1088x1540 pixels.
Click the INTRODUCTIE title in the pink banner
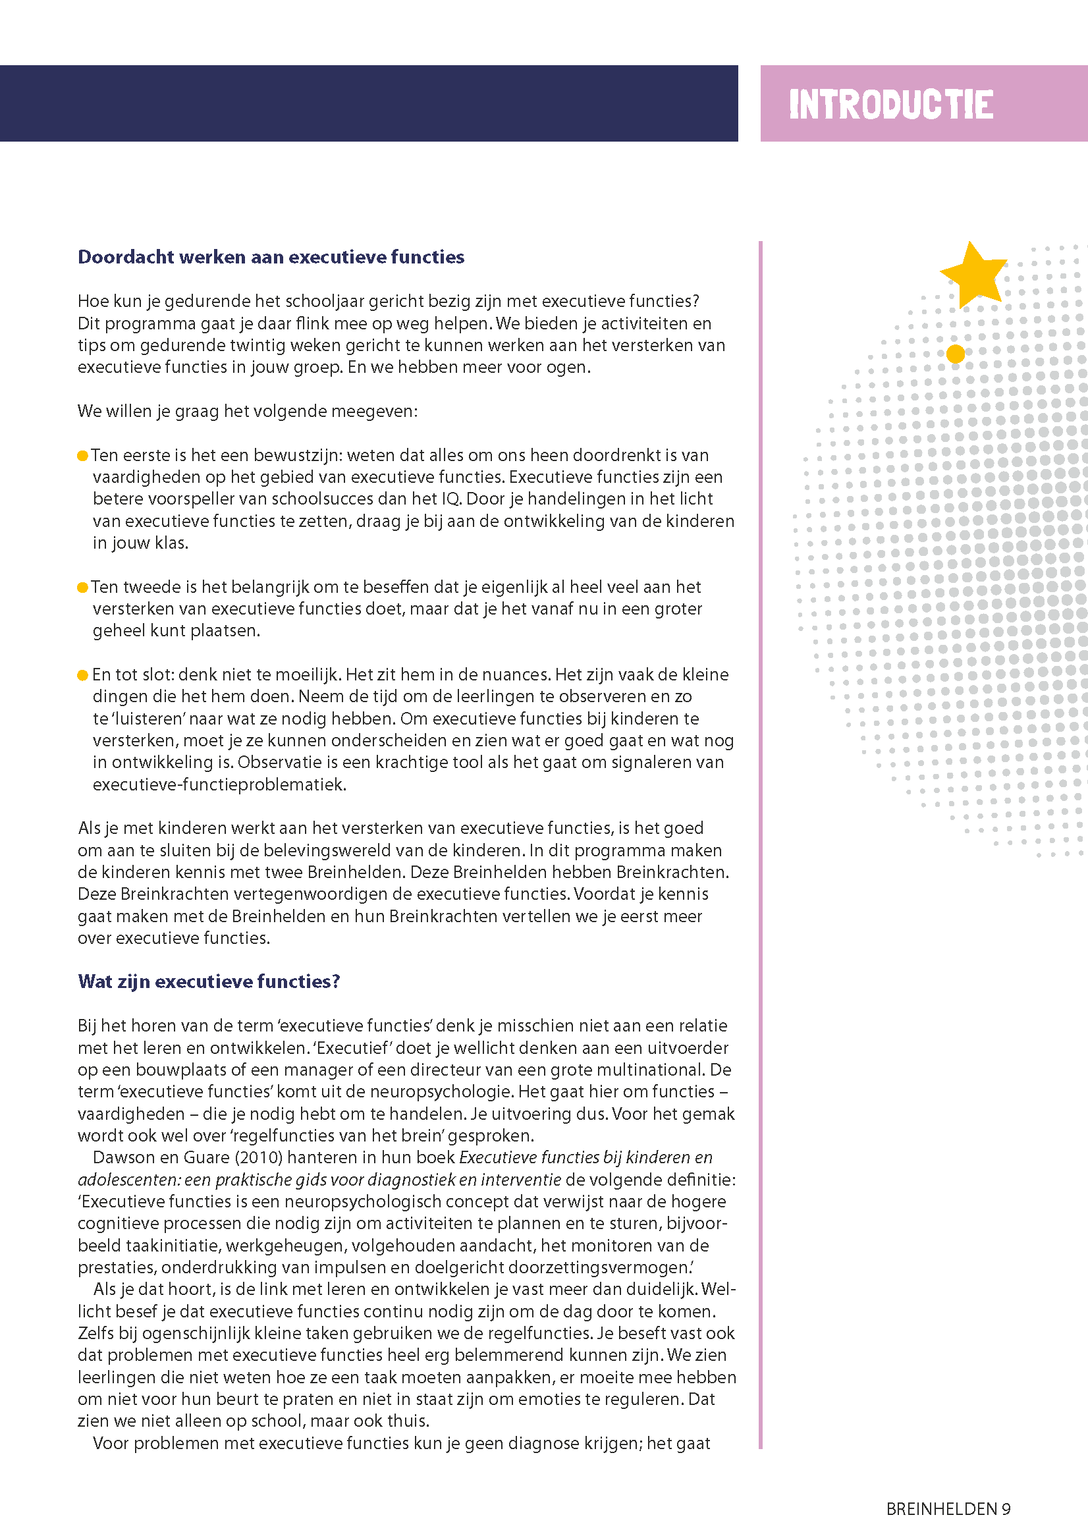click(x=890, y=105)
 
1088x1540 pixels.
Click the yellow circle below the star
click(x=955, y=354)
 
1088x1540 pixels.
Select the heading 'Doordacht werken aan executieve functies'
click(x=271, y=257)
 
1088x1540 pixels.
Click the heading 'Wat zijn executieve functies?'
click(x=209, y=981)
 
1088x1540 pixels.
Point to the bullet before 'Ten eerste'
click(x=82, y=456)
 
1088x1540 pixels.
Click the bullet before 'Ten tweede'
click(x=82, y=588)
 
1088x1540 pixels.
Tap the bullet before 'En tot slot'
click(x=82, y=675)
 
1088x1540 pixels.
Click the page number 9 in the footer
click(x=1006, y=1509)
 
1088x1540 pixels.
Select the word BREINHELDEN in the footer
click(x=942, y=1509)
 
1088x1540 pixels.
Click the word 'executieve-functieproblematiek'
click(x=219, y=784)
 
